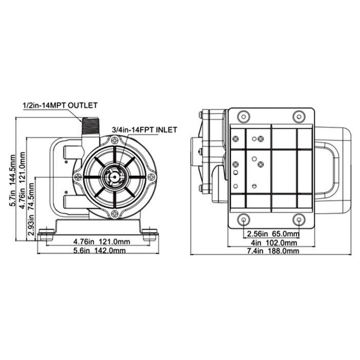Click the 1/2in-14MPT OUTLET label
(x=60, y=105)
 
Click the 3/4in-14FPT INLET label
(x=144, y=130)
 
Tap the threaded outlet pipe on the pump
(x=90, y=126)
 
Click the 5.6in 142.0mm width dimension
(x=99, y=250)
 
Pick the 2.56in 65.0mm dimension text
(x=273, y=234)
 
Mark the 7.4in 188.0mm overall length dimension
(x=273, y=251)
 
